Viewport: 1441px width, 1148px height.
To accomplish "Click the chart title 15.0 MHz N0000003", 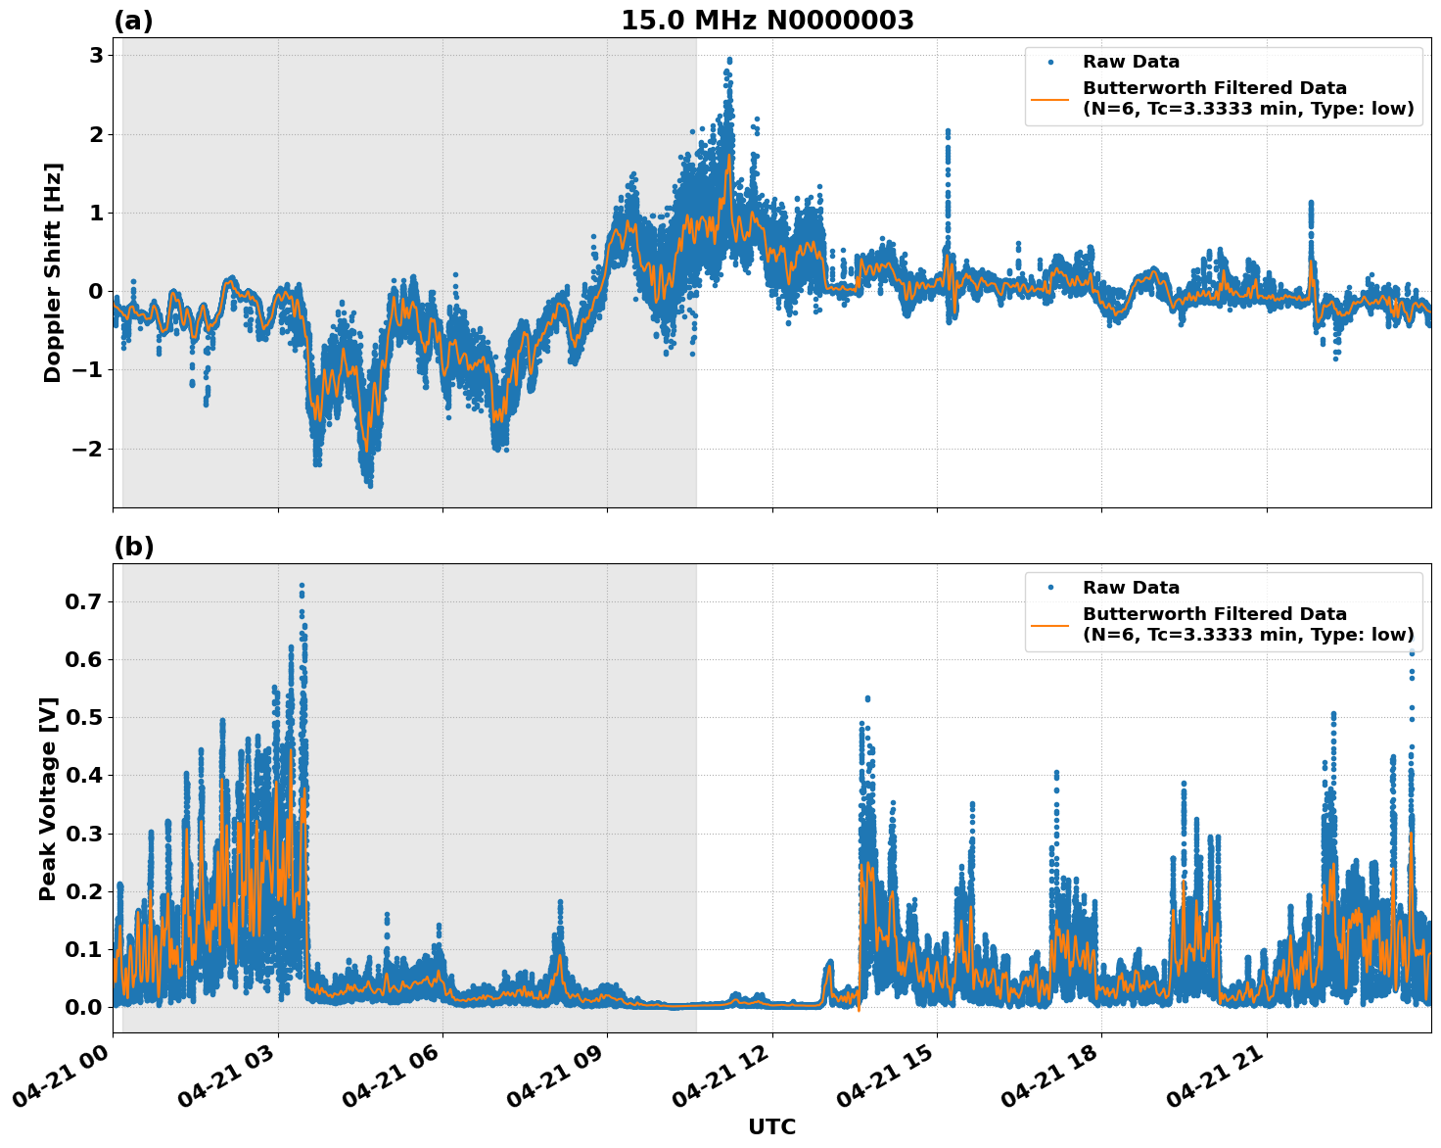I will pyautogui.click(x=767, y=21).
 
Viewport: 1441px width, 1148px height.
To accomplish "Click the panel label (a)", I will pyautogui.click(x=133, y=21).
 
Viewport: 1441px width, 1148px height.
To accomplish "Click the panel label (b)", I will pyautogui.click(x=133, y=547).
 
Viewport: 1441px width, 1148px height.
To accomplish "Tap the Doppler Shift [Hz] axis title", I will pyautogui.click(x=53, y=272).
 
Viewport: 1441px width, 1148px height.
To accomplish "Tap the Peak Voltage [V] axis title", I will pyautogui.click(x=49, y=798).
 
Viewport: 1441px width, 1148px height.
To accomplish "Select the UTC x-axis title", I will pyautogui.click(x=771, y=1126).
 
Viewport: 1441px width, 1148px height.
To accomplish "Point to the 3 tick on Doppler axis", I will pyautogui.click(x=95, y=56).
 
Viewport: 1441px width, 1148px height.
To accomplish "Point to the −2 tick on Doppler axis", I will pyautogui.click(x=88, y=449).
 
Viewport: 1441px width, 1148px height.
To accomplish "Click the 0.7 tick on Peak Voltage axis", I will pyautogui.click(x=83, y=601).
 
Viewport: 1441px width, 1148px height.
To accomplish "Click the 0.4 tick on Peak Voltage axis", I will pyautogui.click(x=83, y=776).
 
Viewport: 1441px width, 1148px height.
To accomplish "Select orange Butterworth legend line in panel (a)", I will pyautogui.click(x=1050, y=99).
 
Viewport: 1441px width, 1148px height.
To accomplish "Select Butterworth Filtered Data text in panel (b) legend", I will pyautogui.click(x=1214, y=614).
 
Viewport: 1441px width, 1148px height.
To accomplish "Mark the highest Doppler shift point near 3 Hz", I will pyautogui.click(x=728, y=60).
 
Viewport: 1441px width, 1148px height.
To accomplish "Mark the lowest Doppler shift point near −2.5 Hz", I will pyautogui.click(x=370, y=485).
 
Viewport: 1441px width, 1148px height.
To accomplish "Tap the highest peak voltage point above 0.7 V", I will pyautogui.click(x=302, y=586).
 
